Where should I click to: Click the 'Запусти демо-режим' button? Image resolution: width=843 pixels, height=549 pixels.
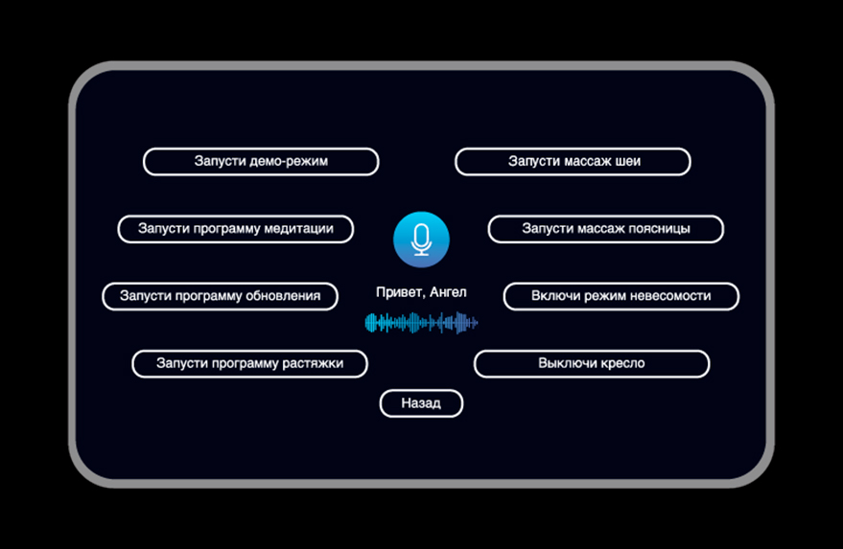(x=261, y=162)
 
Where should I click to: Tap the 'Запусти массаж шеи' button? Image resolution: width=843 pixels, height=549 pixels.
(x=573, y=162)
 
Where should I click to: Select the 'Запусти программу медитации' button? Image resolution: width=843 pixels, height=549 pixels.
(x=236, y=229)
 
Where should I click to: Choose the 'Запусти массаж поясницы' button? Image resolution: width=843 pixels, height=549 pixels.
(x=605, y=229)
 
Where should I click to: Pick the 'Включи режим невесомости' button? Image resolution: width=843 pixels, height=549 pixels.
(x=621, y=296)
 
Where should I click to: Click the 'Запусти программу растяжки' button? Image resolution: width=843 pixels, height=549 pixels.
(x=250, y=364)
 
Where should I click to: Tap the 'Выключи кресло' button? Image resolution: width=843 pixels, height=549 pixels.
(x=591, y=364)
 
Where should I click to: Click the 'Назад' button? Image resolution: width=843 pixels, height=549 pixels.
(x=421, y=403)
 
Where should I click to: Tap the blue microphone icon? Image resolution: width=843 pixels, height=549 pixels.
(x=421, y=240)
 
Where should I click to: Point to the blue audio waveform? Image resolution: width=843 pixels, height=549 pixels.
(x=421, y=323)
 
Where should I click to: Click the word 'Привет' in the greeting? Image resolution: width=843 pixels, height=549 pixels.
(x=398, y=292)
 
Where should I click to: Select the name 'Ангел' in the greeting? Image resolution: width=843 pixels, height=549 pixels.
(x=447, y=292)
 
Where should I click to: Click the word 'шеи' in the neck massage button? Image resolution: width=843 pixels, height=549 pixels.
(x=629, y=162)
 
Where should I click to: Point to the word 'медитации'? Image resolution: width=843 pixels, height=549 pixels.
(x=301, y=229)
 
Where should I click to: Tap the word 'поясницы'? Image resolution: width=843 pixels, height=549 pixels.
(x=661, y=229)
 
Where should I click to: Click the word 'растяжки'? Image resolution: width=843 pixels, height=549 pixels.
(x=313, y=364)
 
